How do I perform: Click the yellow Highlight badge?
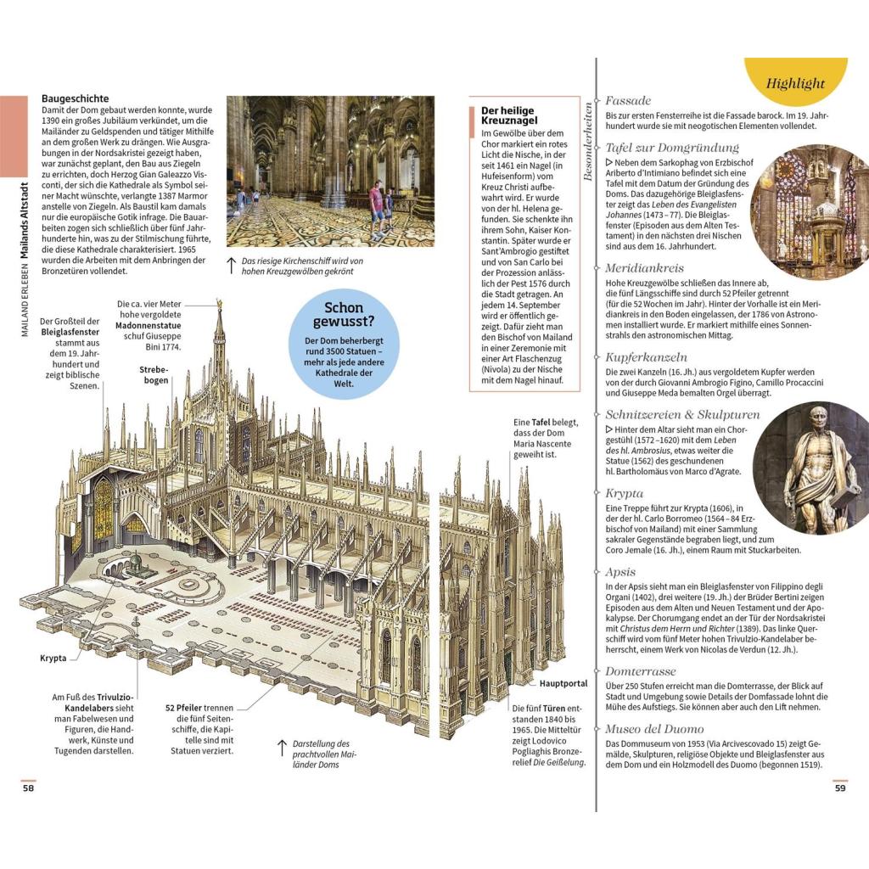(795, 83)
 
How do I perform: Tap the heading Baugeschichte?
(76, 99)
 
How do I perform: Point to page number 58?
(29, 788)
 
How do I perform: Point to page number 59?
(840, 788)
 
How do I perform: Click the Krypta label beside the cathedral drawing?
(53, 657)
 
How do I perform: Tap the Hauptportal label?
(562, 683)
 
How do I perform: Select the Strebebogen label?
(154, 374)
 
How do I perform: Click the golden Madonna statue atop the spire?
(220, 303)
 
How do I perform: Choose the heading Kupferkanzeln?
(647, 357)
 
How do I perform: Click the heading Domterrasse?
(641, 671)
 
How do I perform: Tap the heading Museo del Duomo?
(654, 728)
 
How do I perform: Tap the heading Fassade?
(628, 100)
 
